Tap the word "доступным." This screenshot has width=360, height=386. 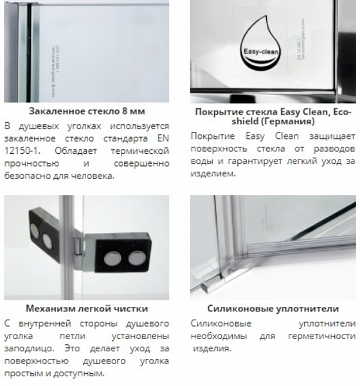click(80, 372)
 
